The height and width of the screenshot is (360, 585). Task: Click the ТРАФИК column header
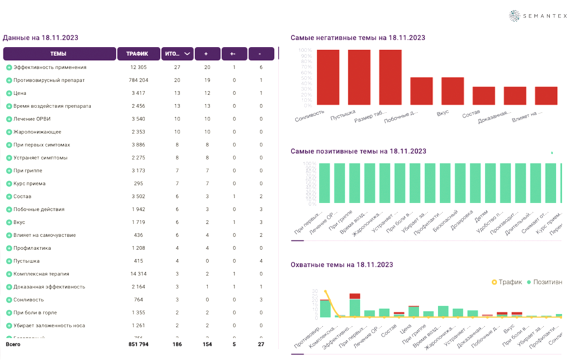point(138,54)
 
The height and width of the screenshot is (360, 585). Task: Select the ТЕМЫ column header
point(59,54)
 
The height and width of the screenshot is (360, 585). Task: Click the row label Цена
point(21,93)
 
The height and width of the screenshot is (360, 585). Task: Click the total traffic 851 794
point(137,344)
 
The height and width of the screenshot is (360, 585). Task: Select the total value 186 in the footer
point(177,344)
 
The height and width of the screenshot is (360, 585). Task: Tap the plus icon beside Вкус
point(9,223)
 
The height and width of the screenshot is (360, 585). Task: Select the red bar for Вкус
point(452,90)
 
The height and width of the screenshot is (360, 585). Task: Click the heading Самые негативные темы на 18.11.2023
point(357,38)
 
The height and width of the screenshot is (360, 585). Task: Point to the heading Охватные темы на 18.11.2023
point(341,265)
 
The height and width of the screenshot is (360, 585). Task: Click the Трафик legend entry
point(507,282)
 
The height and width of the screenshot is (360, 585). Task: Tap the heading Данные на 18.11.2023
point(40,38)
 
